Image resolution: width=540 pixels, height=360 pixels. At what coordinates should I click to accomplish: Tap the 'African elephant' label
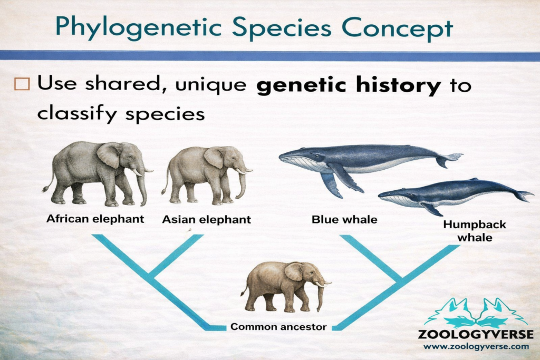(x=95, y=219)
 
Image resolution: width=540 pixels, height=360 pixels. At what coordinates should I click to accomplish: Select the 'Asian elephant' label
(x=206, y=219)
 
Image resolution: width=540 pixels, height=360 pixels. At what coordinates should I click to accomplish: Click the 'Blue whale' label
(x=344, y=219)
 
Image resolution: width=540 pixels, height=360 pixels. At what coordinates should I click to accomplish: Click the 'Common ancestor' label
(x=278, y=327)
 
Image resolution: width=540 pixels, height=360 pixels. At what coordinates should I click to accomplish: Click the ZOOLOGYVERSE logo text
(x=475, y=334)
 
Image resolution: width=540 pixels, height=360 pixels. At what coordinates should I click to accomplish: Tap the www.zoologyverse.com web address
(x=475, y=347)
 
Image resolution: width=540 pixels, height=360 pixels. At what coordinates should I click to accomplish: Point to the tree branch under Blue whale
(x=369, y=256)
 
